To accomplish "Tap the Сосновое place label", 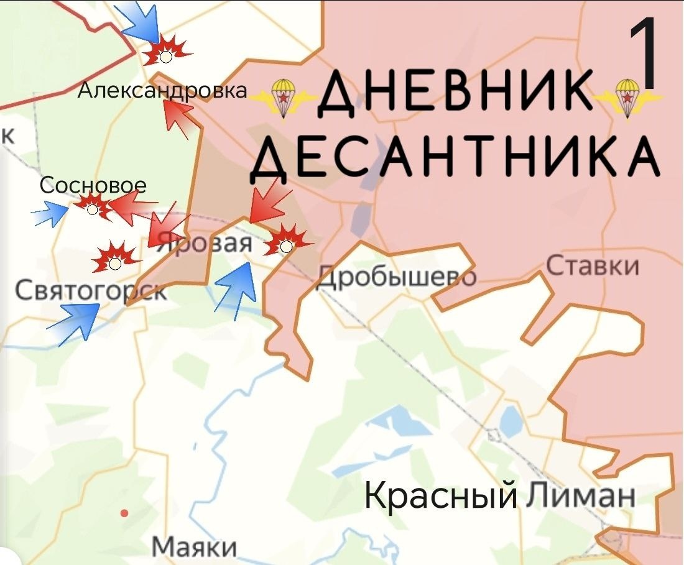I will (93, 185).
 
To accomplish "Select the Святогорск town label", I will (90, 290).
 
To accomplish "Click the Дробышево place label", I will (397, 276).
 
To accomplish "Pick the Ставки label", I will (593, 265).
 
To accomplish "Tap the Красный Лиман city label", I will (499, 495).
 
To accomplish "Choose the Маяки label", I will (195, 548).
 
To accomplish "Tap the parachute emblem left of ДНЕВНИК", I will (284, 98).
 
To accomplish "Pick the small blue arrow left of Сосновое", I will (50, 214).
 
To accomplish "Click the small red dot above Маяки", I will (124, 513).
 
